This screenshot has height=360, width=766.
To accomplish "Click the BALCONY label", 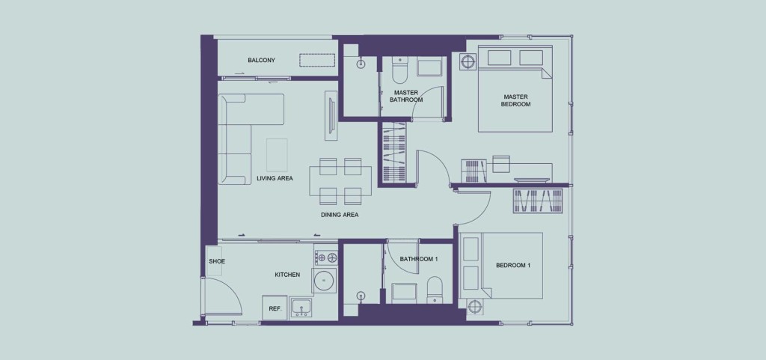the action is [261, 61].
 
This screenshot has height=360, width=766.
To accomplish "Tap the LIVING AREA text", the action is [275, 178].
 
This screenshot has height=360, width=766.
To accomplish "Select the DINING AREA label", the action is [340, 215].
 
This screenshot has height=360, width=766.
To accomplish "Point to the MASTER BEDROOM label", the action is [516, 100].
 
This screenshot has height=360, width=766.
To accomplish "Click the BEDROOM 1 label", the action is [513, 265].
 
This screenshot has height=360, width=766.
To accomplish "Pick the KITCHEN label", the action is [287, 275].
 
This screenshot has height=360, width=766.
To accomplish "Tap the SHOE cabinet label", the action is [217, 261].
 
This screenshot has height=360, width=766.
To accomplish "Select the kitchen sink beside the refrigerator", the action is [302, 308].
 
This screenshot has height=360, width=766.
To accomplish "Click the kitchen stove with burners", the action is [326, 257].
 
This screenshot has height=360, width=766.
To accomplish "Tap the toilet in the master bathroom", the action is [399, 72].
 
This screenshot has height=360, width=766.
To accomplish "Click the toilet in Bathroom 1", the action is [435, 290].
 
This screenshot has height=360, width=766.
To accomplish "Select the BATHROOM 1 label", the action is [419, 259].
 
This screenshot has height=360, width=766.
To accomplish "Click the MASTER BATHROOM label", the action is [406, 96].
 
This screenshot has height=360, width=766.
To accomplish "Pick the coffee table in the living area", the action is [277, 155].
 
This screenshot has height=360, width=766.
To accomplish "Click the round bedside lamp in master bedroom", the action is [468, 62].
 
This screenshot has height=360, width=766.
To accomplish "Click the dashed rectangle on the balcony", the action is [317, 60].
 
